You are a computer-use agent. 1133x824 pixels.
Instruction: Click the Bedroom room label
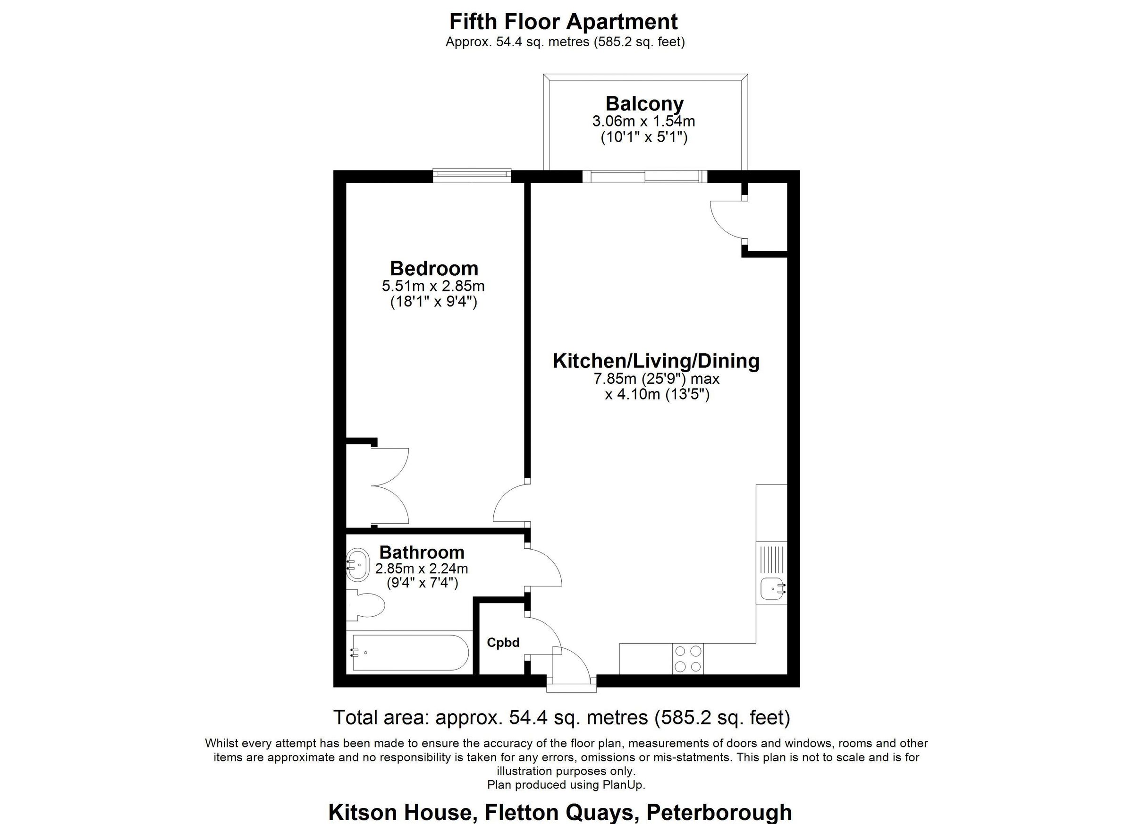(434, 269)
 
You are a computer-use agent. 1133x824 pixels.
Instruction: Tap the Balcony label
(644, 104)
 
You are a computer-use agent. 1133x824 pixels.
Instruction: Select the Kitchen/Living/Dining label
(656, 361)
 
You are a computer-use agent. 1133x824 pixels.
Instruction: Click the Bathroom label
(422, 552)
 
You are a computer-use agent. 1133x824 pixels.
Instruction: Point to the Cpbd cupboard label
(503, 643)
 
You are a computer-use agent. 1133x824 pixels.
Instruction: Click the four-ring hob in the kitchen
(688, 659)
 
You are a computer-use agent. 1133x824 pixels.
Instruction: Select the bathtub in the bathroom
(410, 653)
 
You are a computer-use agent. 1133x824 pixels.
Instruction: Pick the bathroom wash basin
(357, 565)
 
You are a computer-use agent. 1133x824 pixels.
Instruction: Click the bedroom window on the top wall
(472, 174)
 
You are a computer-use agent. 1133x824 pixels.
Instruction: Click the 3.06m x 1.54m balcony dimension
(643, 121)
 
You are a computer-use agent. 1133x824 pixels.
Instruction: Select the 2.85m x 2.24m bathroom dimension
(422, 569)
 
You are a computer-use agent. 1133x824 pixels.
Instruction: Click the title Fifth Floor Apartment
(564, 22)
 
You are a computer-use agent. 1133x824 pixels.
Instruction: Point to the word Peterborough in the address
(719, 813)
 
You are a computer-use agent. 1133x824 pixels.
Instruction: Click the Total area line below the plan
(561, 718)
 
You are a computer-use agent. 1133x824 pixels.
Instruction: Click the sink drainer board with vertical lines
(771, 560)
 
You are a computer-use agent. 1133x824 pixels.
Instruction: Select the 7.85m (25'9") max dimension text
(656, 379)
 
